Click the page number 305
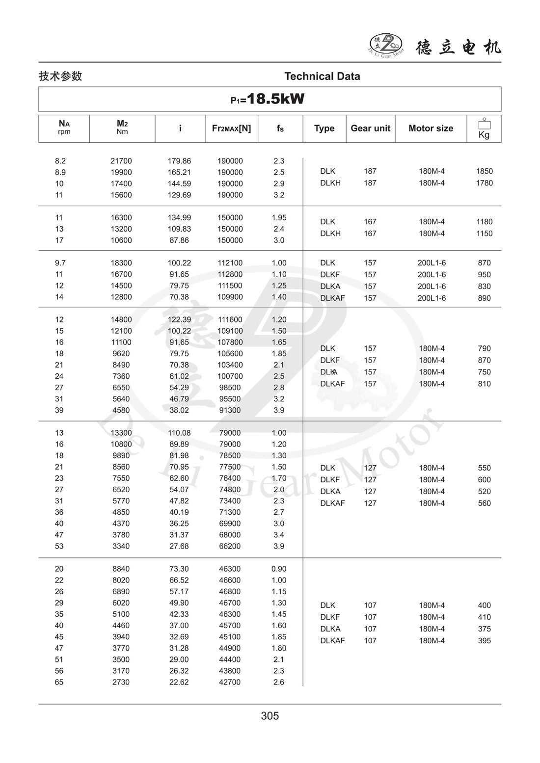tap(270, 716)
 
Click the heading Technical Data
tap(322, 76)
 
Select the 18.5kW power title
tap(268, 99)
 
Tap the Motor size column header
tap(431, 128)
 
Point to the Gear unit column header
tap(370, 128)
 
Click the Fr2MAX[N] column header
tap(231, 128)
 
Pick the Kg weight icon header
tap(484, 129)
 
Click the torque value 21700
tap(121, 161)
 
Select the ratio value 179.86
tap(179, 161)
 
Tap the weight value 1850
tap(484, 171)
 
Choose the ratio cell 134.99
tap(179, 217)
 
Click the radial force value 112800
tap(230, 274)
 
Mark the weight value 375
tap(484, 629)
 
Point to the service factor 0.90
tap(279, 569)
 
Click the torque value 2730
tap(121, 682)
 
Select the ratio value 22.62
tap(179, 682)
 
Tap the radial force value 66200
tap(230, 546)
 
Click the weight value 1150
tap(484, 234)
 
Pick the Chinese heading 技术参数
tap(60, 76)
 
